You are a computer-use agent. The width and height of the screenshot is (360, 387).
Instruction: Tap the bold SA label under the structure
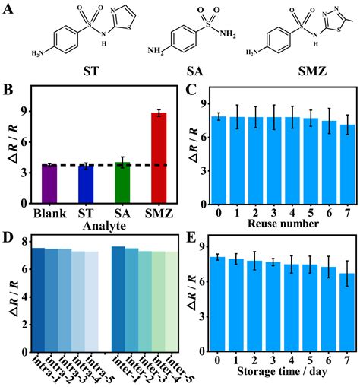tap(196, 74)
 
